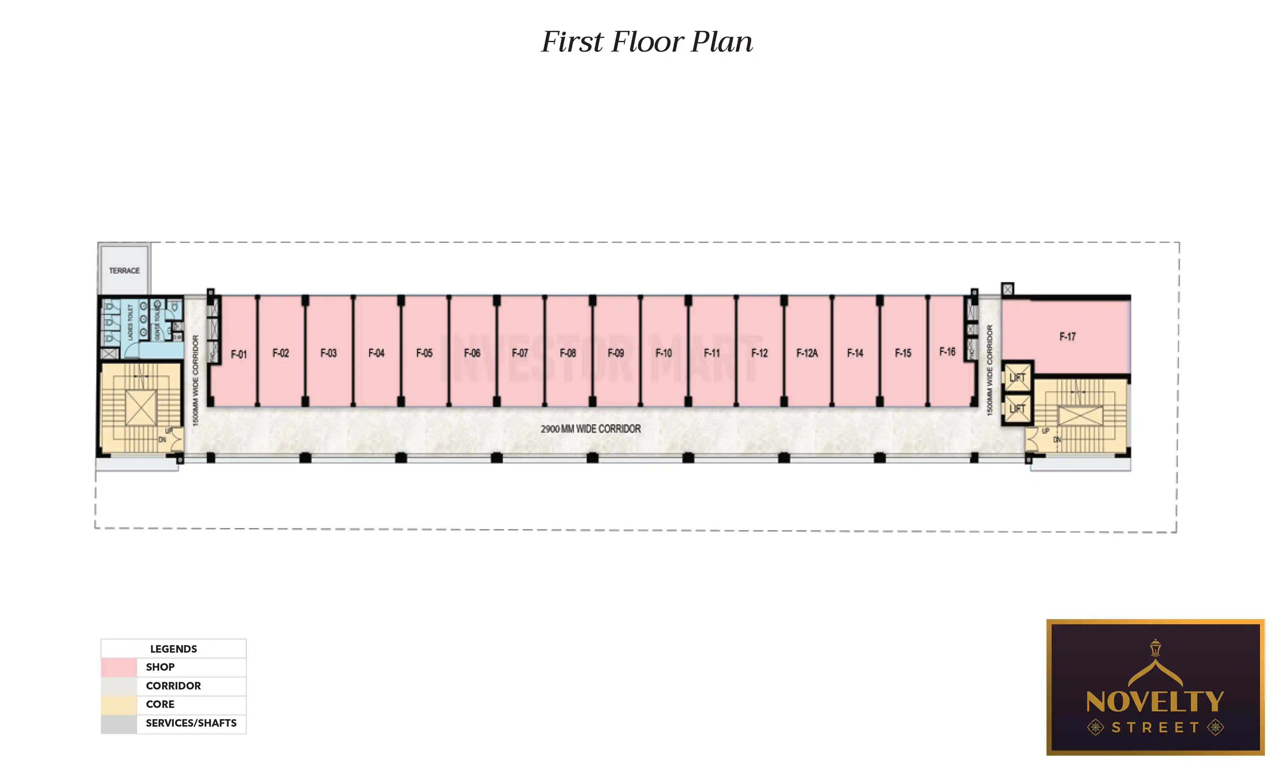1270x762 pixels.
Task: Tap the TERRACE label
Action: tap(124, 271)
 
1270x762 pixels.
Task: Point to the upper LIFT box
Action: tap(1017, 378)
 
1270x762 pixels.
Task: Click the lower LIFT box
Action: tap(1017, 409)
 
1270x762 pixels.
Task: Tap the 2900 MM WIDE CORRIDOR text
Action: tap(590, 429)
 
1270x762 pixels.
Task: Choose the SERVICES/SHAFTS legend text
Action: tap(191, 723)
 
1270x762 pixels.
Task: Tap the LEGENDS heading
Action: tap(173, 649)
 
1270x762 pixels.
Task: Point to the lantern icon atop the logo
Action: tap(1155, 648)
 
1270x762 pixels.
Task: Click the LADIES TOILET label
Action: tap(130, 323)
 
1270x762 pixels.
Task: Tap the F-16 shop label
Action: tap(947, 352)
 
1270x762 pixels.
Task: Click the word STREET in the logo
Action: tap(1155, 728)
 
